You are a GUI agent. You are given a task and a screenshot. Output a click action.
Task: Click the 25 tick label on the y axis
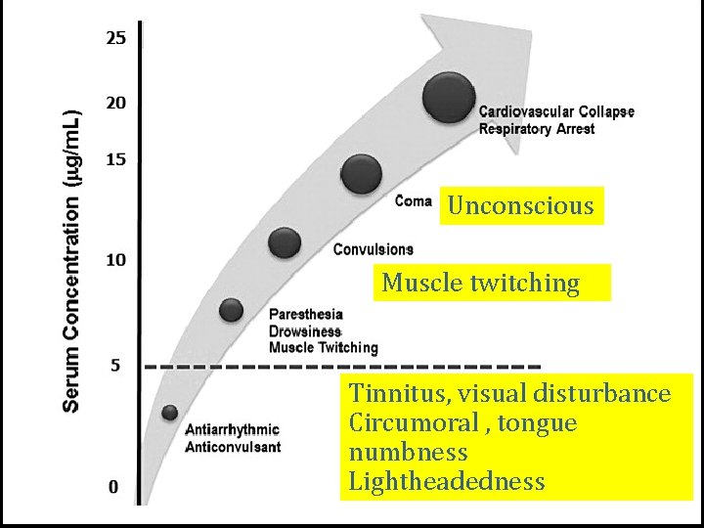point(116,38)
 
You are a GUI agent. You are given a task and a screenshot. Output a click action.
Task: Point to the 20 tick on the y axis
point(116,103)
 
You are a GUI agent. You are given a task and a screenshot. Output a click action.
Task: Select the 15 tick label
point(116,159)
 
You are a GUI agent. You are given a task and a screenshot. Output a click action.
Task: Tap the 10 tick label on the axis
point(116,260)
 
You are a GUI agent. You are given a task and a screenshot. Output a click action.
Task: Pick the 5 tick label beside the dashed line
point(114,366)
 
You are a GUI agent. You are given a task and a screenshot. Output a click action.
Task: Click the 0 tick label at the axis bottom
point(114,486)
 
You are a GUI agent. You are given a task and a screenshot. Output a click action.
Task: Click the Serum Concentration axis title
point(72,261)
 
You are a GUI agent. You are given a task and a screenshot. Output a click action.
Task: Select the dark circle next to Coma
point(362,174)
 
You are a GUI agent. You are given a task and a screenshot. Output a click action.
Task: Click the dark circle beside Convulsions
point(285,243)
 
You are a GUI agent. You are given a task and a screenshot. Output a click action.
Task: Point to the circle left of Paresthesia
point(231,310)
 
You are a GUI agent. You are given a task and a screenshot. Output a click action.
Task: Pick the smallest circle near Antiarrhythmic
point(170,412)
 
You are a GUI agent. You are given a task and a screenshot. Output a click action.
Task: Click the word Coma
point(414,201)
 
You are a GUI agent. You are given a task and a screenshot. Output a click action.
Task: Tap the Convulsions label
point(373,250)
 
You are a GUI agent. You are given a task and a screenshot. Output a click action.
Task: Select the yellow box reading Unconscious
point(521,205)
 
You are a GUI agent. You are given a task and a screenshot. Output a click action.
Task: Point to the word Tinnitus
point(390,394)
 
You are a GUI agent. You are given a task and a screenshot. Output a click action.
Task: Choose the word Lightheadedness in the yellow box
point(447,481)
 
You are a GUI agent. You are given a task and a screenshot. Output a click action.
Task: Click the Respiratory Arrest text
point(536,129)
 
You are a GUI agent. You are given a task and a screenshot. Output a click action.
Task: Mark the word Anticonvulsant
point(234,447)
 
